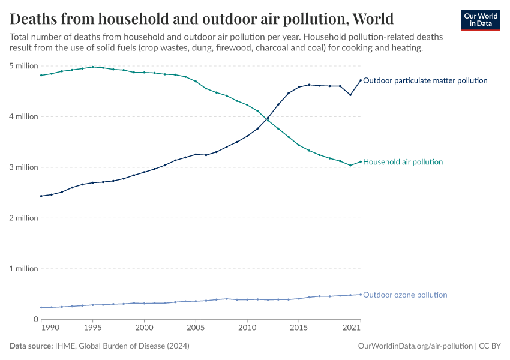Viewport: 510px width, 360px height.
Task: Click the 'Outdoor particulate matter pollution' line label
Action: [x=425, y=80]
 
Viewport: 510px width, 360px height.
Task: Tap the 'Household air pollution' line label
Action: [x=403, y=162]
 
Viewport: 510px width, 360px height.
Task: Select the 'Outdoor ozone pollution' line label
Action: [x=405, y=295]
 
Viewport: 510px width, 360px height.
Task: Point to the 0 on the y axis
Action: [x=35, y=319]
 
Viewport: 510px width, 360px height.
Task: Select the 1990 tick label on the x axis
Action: [x=50, y=328]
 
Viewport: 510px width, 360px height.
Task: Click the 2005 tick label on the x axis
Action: [x=196, y=328]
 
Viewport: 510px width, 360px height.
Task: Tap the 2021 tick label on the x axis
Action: [x=351, y=328]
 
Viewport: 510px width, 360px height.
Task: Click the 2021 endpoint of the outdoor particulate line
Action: [x=361, y=80]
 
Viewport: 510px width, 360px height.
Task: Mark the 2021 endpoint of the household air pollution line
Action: [x=361, y=161]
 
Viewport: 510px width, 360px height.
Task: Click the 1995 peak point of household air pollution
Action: [x=92, y=67]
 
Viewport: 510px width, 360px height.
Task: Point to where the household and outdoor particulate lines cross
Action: [x=268, y=119]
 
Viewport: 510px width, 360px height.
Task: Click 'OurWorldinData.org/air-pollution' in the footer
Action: [x=415, y=346]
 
